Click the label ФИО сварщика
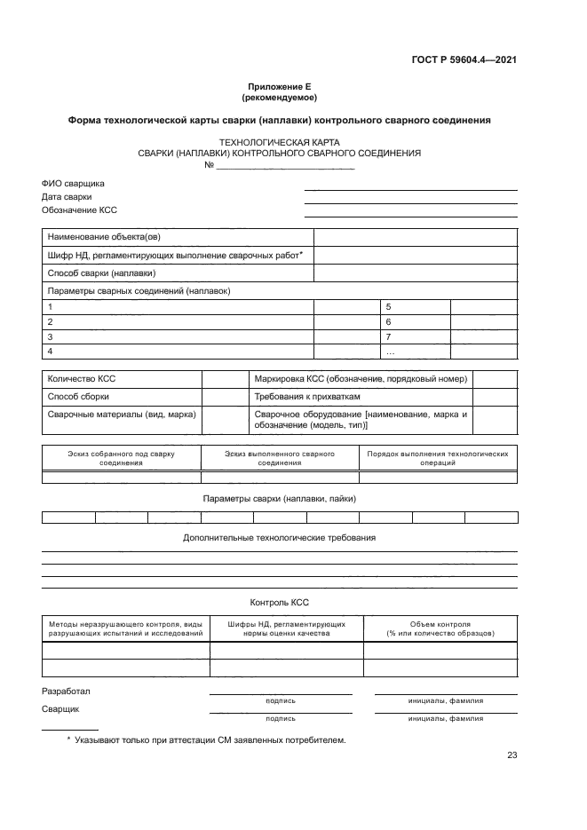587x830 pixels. (73, 183)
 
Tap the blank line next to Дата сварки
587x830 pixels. (410, 202)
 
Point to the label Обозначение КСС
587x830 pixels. (79, 210)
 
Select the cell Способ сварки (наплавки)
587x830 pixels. (101, 273)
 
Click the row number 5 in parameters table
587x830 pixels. (389, 305)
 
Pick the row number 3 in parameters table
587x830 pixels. (51, 337)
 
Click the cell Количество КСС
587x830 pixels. (82, 378)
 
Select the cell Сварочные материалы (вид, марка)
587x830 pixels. (122, 415)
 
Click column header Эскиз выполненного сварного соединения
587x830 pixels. (280, 458)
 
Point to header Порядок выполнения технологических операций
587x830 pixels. (438, 458)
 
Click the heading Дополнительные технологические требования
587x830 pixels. (279, 538)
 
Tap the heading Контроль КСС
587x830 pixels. (279, 602)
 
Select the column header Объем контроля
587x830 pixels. (440, 628)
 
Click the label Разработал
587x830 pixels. (66, 691)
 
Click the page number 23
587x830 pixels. (512, 755)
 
